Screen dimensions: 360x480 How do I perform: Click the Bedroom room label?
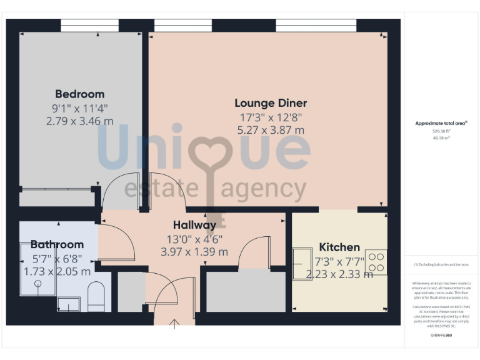pos(79,94)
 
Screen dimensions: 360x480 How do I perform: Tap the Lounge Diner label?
pos(271,103)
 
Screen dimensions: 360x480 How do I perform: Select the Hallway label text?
pos(194,225)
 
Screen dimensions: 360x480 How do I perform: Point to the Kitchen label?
pos(339,247)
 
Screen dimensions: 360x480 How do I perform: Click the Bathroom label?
pos(57,244)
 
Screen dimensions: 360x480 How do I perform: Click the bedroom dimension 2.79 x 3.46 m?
pos(79,121)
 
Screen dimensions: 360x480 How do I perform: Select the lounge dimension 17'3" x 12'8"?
pos(271,117)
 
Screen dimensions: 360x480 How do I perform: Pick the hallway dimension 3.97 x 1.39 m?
pos(194,252)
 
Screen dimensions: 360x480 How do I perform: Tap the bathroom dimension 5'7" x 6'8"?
pos(57,258)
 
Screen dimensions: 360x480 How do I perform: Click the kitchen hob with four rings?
pos(376,262)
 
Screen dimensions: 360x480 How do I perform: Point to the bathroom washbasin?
pos(69,304)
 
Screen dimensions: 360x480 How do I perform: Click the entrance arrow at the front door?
pos(174,322)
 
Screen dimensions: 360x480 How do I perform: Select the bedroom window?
pos(89,26)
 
